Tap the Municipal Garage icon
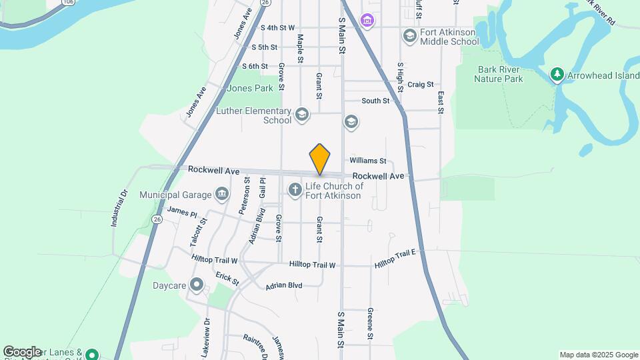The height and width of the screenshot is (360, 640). [x=223, y=195]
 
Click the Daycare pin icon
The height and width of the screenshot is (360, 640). [x=197, y=285]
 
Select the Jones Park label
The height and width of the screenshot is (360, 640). [x=250, y=88]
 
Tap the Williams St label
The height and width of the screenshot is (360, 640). [x=368, y=161]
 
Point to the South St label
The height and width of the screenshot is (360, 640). [x=375, y=101]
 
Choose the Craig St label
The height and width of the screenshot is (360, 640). [x=421, y=85]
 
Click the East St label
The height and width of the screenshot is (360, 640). [x=441, y=102]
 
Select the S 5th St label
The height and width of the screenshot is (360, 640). [x=264, y=47]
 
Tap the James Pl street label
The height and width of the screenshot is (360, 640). [x=182, y=211]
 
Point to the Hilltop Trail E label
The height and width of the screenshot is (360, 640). [x=395, y=258]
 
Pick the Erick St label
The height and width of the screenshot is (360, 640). [x=227, y=279]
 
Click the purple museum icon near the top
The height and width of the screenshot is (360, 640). [x=367, y=21]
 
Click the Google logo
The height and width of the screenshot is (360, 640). [x=22, y=351]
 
